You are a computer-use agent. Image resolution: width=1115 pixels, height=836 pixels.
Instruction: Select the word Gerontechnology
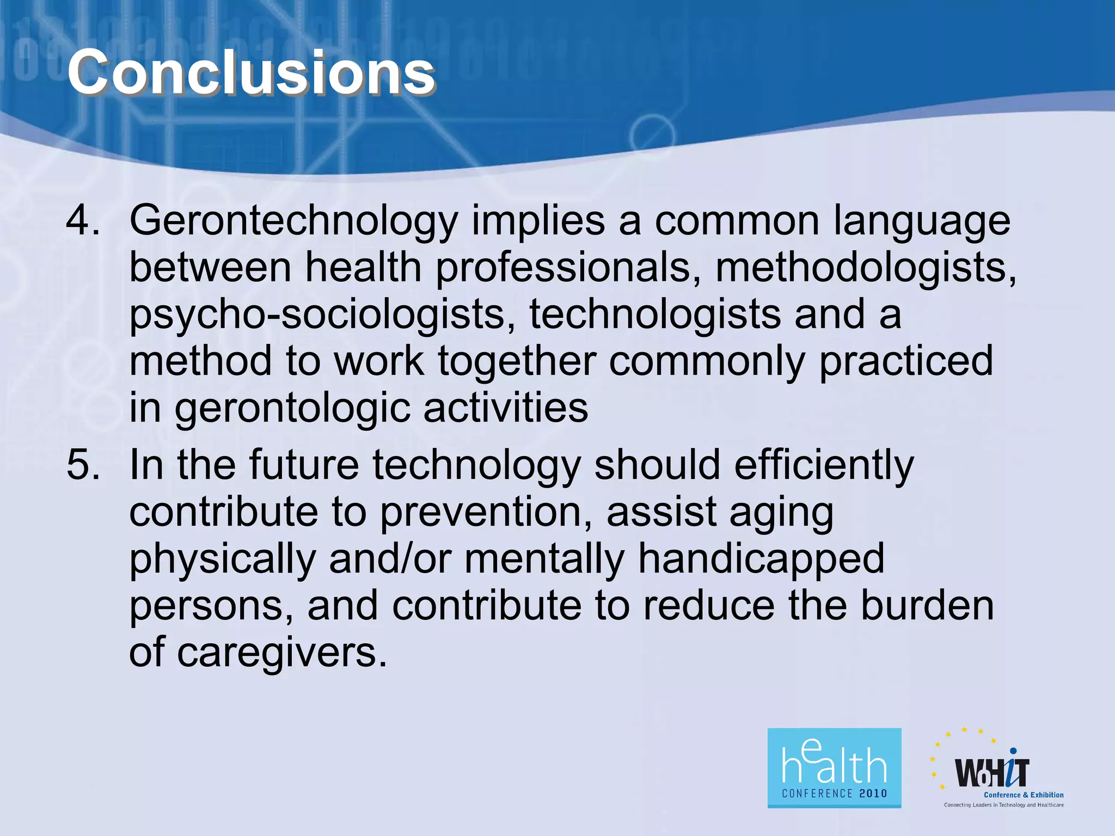click(293, 222)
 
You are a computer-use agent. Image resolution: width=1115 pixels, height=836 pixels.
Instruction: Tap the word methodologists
click(865, 268)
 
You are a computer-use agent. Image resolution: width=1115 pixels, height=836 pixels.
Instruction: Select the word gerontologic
click(292, 409)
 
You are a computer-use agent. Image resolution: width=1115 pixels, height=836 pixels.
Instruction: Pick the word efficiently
click(824, 466)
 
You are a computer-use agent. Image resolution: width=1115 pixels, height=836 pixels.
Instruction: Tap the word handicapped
click(761, 560)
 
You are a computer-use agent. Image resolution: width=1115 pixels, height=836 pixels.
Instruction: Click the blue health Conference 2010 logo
click(834, 767)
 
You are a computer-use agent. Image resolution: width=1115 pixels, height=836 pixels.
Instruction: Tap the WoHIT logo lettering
click(992, 772)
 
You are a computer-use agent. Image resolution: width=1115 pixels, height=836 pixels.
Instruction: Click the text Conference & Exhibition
click(1023, 795)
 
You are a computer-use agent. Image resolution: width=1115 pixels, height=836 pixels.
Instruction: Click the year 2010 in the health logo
click(873, 794)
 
